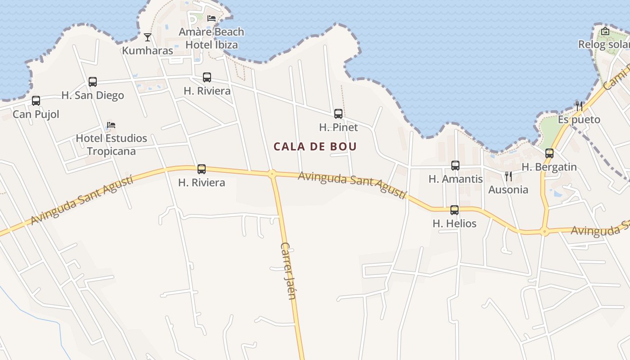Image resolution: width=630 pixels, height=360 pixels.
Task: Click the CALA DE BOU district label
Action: (x=315, y=146)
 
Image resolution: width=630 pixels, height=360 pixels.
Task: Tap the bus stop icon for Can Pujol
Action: (x=36, y=101)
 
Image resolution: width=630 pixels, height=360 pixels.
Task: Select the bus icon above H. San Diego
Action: (x=93, y=82)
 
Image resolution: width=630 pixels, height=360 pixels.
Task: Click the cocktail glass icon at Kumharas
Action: (x=148, y=37)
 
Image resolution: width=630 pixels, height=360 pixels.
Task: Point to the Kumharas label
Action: (x=148, y=50)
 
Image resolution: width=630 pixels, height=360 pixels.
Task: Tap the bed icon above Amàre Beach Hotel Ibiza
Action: (x=211, y=18)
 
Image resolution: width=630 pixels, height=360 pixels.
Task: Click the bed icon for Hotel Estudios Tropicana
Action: (x=111, y=125)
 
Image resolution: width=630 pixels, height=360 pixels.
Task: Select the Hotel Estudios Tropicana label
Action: (x=111, y=144)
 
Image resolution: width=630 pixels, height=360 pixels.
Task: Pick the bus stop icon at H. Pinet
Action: (x=338, y=114)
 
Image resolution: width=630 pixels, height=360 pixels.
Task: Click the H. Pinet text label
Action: (x=338, y=127)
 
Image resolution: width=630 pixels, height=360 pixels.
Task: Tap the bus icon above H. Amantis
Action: (x=455, y=166)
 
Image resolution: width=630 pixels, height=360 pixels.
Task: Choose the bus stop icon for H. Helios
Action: (x=454, y=210)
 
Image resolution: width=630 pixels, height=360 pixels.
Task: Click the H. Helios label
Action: (x=454, y=223)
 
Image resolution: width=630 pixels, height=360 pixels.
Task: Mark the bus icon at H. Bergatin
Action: (x=549, y=153)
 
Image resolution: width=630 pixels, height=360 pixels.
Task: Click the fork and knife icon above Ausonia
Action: (x=508, y=176)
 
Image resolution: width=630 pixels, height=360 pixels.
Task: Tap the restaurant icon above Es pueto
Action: (x=579, y=106)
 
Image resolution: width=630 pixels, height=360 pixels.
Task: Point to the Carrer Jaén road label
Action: (x=288, y=270)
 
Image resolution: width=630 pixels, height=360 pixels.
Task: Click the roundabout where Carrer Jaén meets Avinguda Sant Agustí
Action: (x=272, y=174)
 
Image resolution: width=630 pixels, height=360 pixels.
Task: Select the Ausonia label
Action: (x=508, y=189)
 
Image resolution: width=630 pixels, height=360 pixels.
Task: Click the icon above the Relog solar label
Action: (x=605, y=31)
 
